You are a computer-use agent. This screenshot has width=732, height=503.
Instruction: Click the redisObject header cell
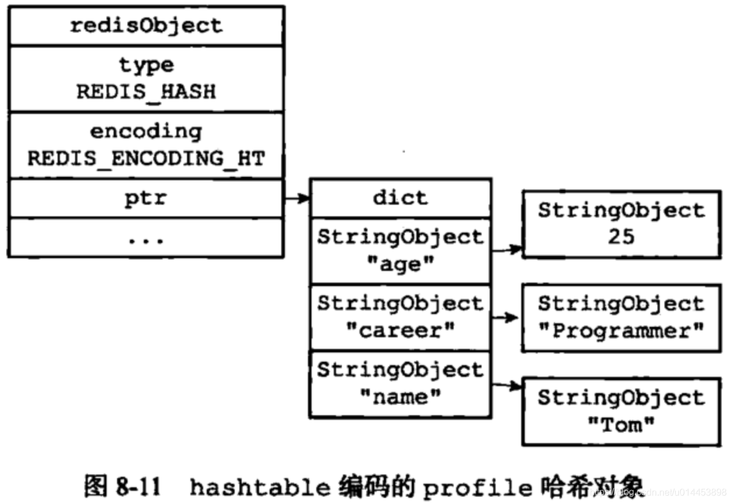[x=146, y=26]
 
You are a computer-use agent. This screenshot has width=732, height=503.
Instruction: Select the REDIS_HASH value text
[x=146, y=92]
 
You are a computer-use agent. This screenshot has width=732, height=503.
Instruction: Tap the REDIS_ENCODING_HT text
[x=146, y=158]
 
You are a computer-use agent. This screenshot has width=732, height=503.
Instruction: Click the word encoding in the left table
[x=146, y=131]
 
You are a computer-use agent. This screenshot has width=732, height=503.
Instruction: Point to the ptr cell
[x=146, y=198]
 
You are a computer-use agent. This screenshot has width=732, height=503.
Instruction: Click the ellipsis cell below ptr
[x=146, y=238]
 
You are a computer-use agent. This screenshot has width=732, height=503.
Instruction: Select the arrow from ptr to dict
[x=297, y=199]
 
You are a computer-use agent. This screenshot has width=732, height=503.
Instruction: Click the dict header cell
[x=400, y=198]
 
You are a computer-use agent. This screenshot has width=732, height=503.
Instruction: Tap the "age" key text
[x=400, y=265]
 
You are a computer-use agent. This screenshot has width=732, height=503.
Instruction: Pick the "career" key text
[x=400, y=331]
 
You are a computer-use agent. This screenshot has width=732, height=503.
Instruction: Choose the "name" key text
[x=400, y=397]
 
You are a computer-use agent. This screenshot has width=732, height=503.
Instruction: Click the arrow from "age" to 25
[x=507, y=249]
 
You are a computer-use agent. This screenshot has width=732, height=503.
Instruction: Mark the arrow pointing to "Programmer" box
[x=504, y=318]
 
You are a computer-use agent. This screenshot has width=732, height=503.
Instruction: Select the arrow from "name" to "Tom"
[x=507, y=386]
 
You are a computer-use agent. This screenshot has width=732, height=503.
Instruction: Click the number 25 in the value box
[x=621, y=237]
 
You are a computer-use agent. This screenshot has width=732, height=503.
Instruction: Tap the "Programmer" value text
[x=621, y=331]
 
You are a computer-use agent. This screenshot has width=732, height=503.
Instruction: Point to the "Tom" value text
[x=621, y=425]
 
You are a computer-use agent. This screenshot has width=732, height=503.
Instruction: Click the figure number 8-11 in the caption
[x=146, y=486]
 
